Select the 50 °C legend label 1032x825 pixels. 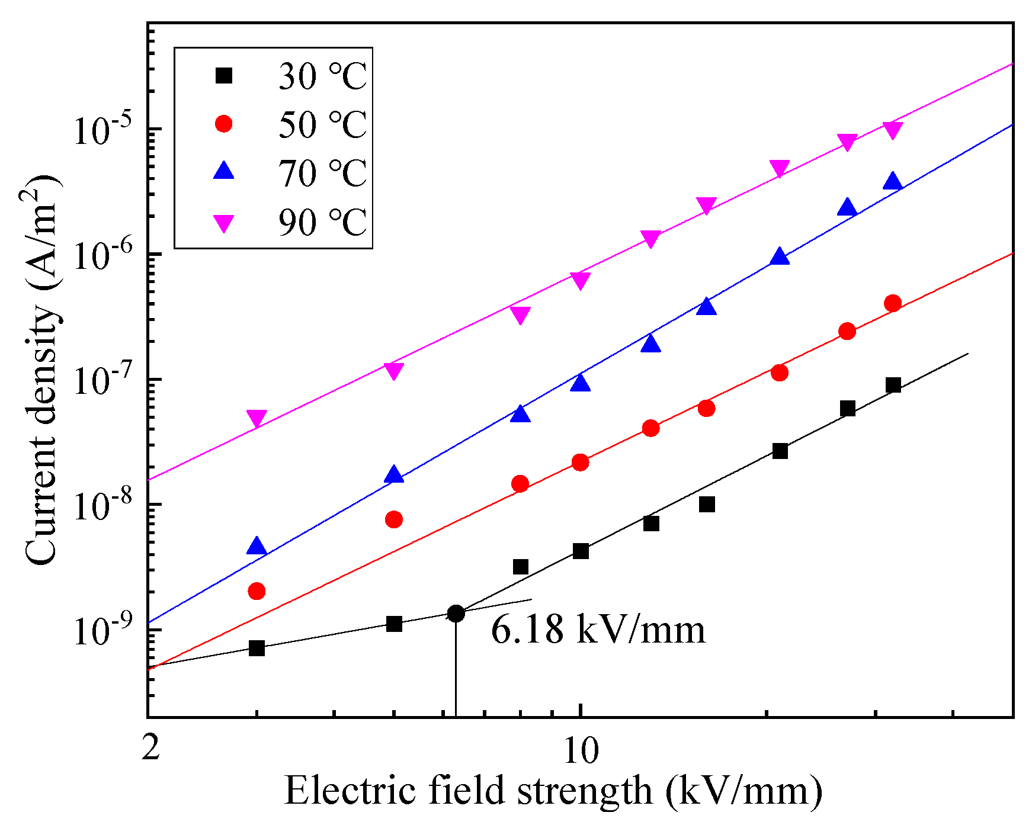[323, 124]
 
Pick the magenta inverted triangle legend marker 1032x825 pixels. [224, 223]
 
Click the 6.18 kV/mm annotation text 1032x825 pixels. [598, 630]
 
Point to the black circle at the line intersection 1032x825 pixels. [456, 614]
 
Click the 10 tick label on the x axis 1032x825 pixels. [581, 751]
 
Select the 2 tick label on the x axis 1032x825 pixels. [151, 749]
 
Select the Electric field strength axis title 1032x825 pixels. [553, 791]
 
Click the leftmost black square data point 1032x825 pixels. [257, 648]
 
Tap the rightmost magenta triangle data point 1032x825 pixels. [893, 130]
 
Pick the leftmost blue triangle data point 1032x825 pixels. [257, 546]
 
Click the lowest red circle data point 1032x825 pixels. [257, 591]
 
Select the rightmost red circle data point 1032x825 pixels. [893, 303]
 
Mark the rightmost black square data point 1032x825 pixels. [893, 385]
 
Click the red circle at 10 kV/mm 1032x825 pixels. [581, 462]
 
